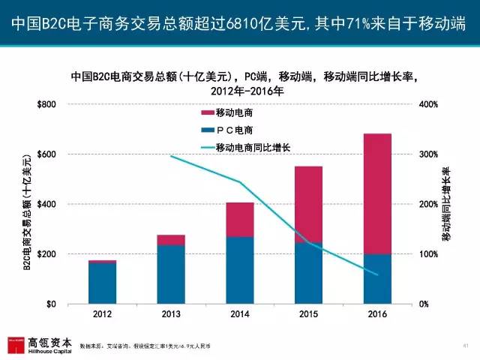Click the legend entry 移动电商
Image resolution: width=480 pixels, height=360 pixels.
(x=233, y=112)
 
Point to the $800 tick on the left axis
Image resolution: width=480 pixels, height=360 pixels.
(x=46, y=104)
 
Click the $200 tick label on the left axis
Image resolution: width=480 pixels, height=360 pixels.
(x=46, y=254)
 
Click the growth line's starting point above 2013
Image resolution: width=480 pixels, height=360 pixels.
(x=172, y=156)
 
